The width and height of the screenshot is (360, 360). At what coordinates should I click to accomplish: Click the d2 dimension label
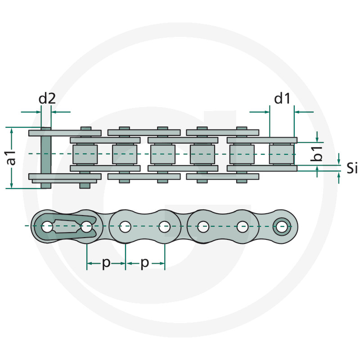[x=47, y=99]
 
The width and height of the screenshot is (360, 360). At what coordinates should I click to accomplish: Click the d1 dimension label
[x=282, y=99]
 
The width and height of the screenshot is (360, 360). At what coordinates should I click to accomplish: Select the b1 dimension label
[x=318, y=153]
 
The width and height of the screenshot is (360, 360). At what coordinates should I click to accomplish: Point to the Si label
[x=352, y=169]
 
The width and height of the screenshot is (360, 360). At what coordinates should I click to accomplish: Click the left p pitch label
[x=106, y=263]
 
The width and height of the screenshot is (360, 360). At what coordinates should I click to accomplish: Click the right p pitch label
[x=144, y=263]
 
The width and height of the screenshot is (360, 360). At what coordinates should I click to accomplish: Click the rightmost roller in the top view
[x=282, y=153]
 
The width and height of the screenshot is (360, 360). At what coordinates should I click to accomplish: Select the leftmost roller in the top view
[x=84, y=153]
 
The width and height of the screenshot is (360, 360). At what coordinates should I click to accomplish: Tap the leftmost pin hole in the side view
[x=47, y=228]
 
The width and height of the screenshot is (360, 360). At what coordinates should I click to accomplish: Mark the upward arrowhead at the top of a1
[x=13, y=130]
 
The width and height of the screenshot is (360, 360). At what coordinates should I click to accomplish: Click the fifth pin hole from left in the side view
[x=204, y=227]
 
